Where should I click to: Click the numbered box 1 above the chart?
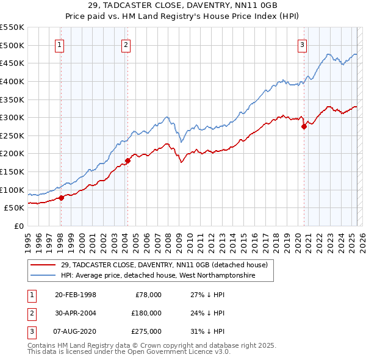pos(60,44)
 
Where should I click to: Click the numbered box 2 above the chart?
pos(126,44)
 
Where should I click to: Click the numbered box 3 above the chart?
pos(302,44)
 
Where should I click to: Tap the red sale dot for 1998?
pos(61,198)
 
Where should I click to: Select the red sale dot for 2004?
pos(127,161)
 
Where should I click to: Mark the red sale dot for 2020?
pos(304,127)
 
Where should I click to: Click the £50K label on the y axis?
pos(15,207)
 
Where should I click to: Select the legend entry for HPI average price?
pos(158,276)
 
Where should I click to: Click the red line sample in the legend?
pos(43,265)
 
